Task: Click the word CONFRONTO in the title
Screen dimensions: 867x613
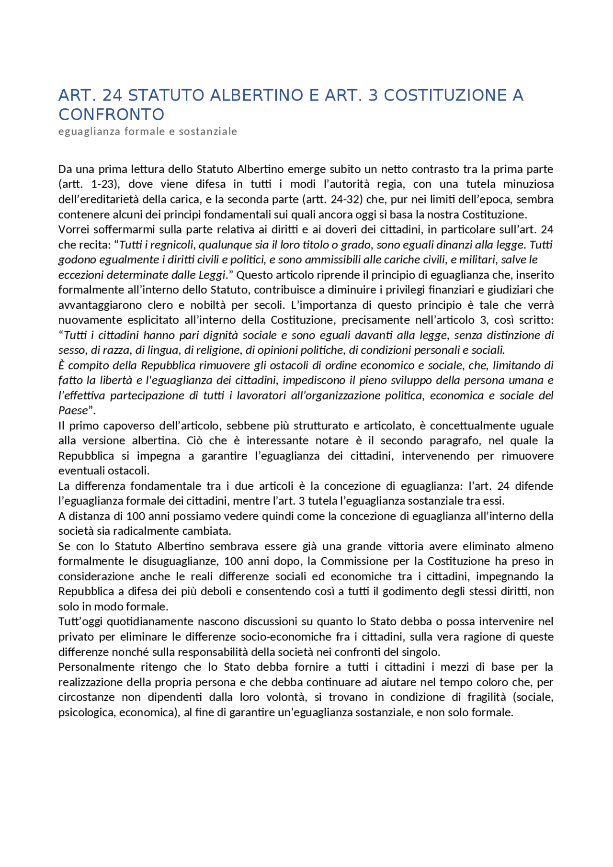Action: click(111, 114)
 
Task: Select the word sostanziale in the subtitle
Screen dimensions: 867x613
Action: click(208, 131)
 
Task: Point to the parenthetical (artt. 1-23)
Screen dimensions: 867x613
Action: click(89, 184)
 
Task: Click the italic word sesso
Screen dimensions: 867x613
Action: click(71, 350)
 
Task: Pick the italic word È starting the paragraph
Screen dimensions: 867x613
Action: click(61, 365)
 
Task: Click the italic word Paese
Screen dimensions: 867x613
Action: click(73, 410)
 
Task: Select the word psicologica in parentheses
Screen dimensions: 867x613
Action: click(86, 712)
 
